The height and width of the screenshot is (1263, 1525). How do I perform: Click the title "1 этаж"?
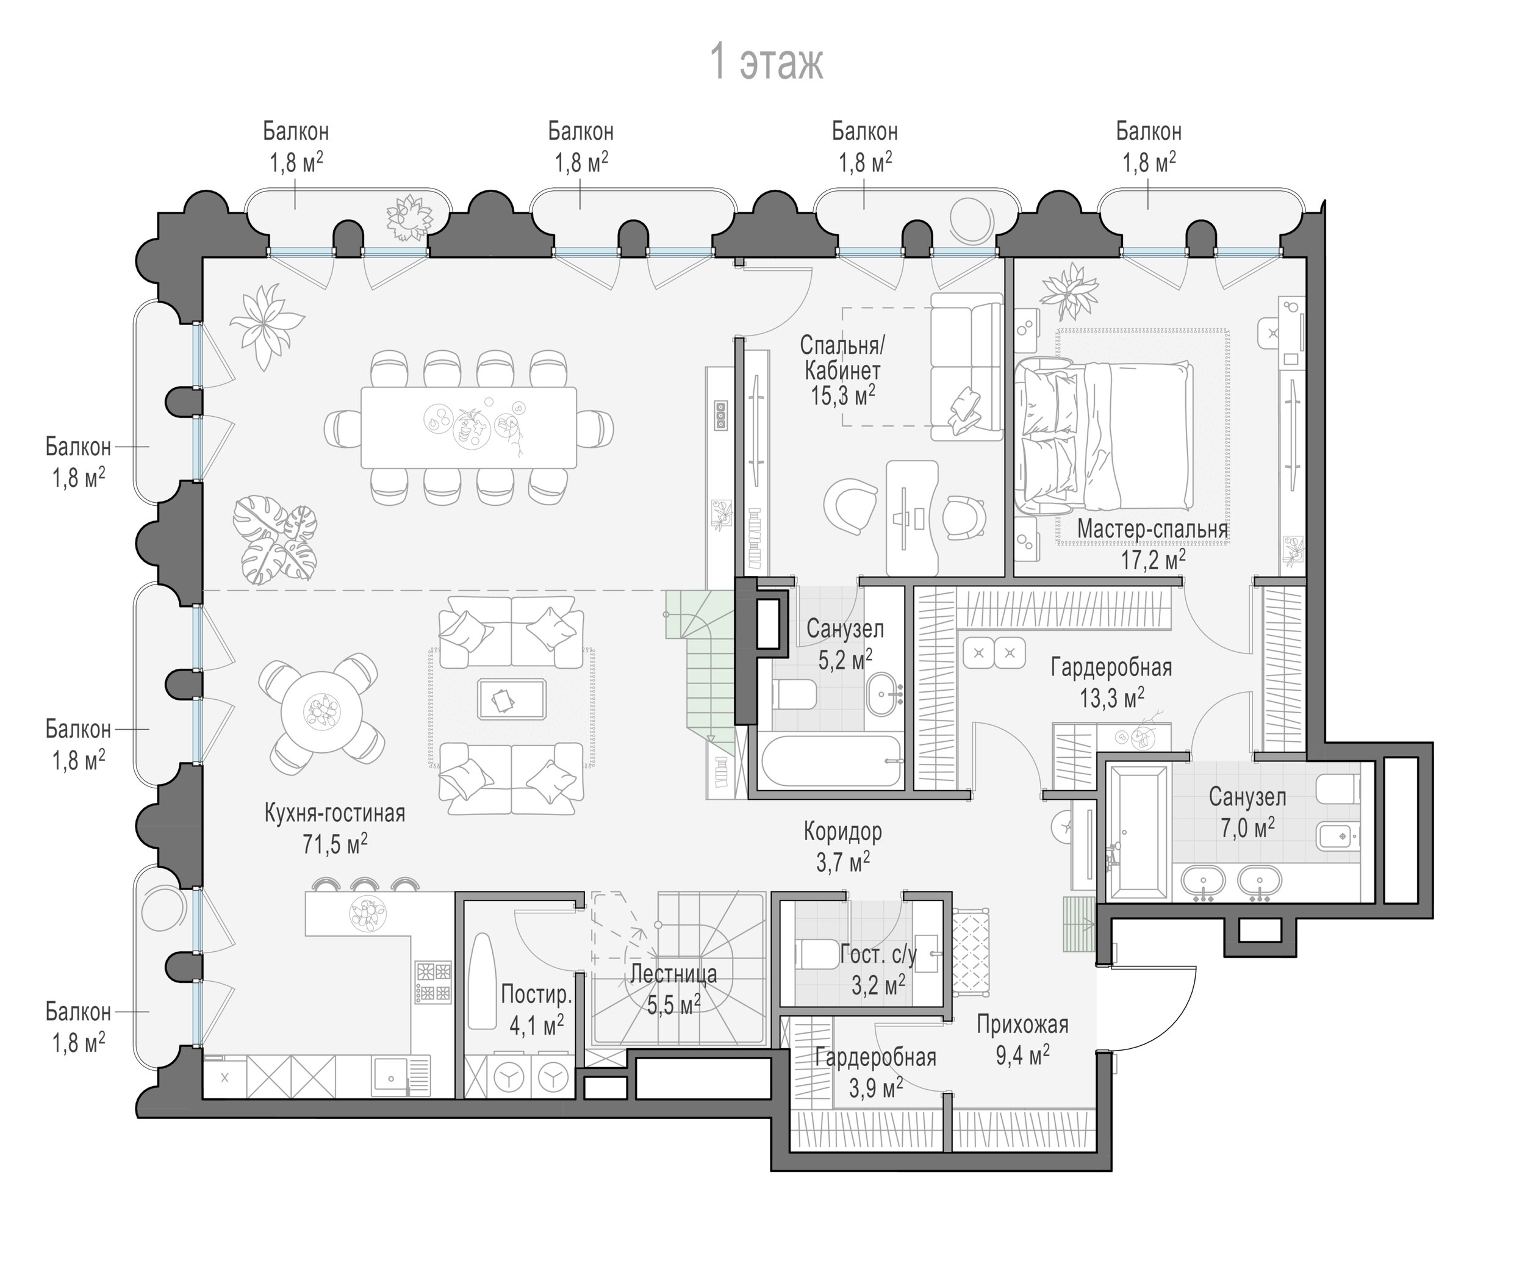tap(766, 62)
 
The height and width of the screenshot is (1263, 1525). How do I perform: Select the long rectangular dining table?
tap(469, 428)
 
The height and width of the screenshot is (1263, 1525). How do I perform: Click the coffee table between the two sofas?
tap(512, 699)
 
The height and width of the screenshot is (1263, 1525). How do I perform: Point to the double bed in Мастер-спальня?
tap(1105, 436)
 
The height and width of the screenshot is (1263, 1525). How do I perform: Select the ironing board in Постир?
tap(481, 981)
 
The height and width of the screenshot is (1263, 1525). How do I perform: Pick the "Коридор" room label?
tap(842, 832)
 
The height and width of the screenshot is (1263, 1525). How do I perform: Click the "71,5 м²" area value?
tap(334, 844)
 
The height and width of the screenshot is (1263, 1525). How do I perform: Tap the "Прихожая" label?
tap(1022, 1025)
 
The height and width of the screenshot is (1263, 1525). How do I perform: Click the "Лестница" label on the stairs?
tap(673, 974)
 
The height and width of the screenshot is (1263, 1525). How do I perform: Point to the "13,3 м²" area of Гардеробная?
tap(1112, 699)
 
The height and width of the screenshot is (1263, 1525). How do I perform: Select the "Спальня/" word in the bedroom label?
tap(842, 344)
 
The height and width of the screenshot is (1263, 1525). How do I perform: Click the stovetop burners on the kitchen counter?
tap(433, 982)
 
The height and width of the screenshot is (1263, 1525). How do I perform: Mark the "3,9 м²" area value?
tap(876, 1087)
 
